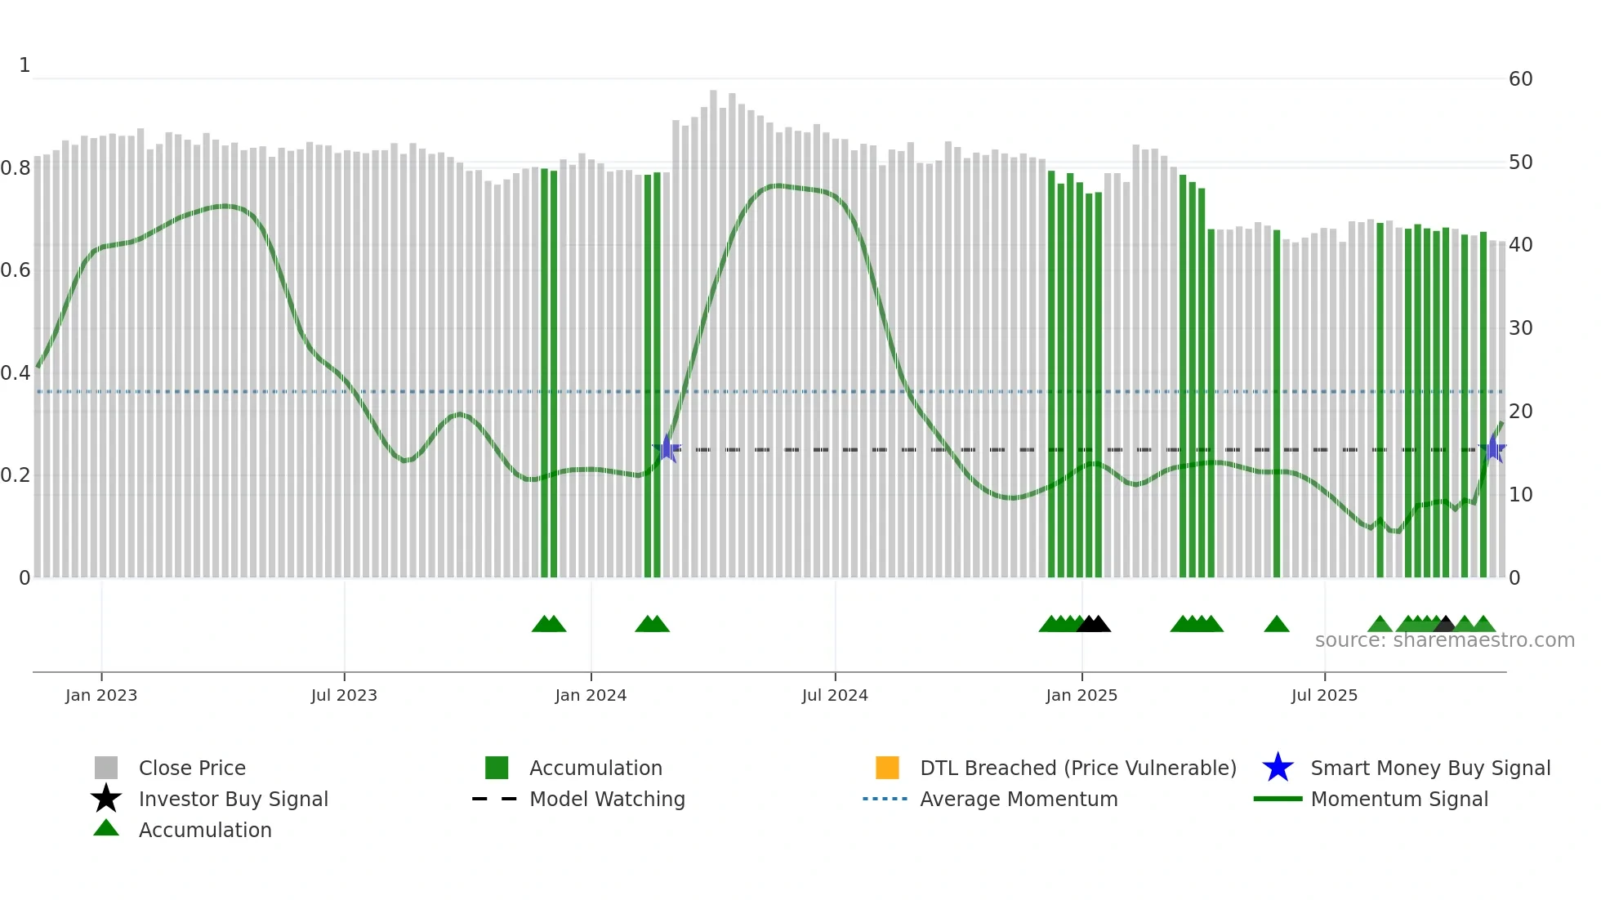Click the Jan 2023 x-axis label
(101, 695)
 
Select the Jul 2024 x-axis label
(834, 695)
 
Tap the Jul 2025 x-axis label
(1324, 695)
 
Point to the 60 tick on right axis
(1520, 79)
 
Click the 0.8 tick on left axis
(16, 168)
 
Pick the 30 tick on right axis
(1520, 328)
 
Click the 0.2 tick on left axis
(16, 475)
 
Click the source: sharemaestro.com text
(1444, 640)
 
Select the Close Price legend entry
(191, 768)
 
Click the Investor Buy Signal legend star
(106, 799)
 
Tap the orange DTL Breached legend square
(887, 768)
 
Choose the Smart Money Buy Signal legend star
(1278, 768)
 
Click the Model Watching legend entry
(606, 799)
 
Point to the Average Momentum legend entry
(1018, 799)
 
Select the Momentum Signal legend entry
(1398, 799)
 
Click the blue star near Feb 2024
(667, 448)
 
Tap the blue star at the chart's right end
(1494, 448)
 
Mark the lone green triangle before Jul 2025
(1276, 625)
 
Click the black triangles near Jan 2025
(1094, 625)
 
